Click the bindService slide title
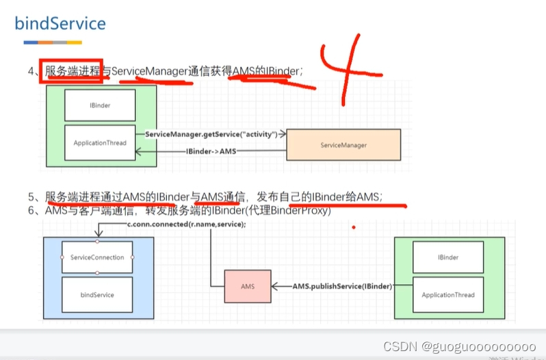tap(60, 24)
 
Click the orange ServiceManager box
tap(343, 145)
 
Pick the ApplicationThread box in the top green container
tap(100, 143)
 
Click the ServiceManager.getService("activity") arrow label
tap(211, 134)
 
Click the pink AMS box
tap(247, 286)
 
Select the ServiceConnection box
tap(97, 257)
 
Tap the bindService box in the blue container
tap(97, 294)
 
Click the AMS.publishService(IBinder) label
tap(342, 285)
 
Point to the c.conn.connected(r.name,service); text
tap(185, 225)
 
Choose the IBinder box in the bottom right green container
tap(448, 257)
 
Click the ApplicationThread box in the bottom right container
tap(448, 294)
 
